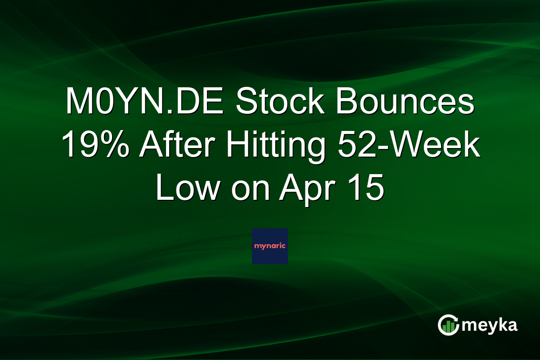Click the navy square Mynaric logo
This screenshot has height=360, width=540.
coord(270,246)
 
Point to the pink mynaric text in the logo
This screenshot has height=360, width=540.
coord(270,247)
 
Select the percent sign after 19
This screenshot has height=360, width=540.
coord(118,145)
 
